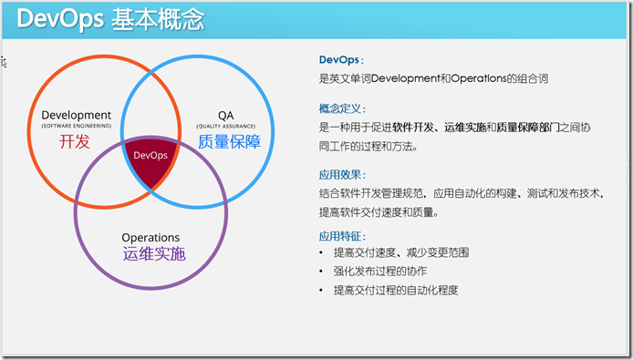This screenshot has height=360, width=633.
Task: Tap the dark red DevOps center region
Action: click(x=150, y=159)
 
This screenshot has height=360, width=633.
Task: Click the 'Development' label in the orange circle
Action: click(x=77, y=115)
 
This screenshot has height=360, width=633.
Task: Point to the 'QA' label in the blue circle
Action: click(x=225, y=115)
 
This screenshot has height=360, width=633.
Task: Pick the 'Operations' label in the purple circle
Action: click(x=150, y=238)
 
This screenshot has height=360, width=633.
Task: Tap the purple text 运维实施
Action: click(x=153, y=255)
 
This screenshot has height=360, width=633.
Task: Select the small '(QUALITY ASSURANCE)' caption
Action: click(x=225, y=126)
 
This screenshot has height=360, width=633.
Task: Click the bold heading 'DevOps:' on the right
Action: click(x=339, y=59)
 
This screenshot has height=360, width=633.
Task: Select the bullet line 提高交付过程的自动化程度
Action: click(x=395, y=290)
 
